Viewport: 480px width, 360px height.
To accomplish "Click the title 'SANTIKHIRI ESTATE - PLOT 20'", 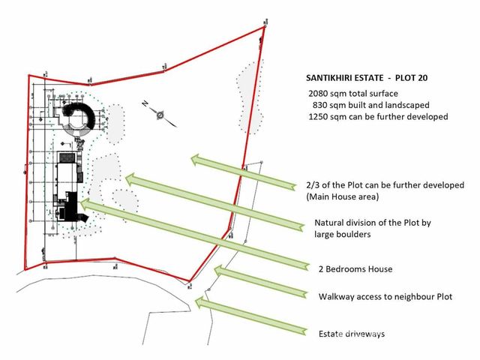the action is click(x=367, y=78).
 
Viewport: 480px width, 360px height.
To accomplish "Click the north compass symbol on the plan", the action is click(x=160, y=115).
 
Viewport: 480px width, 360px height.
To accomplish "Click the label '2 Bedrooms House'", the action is click(x=355, y=269).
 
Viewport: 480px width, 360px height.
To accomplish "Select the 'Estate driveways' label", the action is click(x=352, y=334).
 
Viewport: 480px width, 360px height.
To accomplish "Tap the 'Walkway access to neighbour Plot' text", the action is click(x=385, y=297).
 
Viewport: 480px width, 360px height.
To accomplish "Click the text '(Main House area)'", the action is click(x=343, y=196).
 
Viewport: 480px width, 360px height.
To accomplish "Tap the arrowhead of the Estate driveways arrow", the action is click(x=201, y=302).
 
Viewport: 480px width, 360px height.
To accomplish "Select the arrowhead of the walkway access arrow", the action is click(x=220, y=271).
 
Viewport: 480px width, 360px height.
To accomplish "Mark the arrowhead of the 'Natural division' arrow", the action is click(x=132, y=179).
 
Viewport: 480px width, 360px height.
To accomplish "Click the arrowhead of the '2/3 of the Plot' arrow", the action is click(x=197, y=160).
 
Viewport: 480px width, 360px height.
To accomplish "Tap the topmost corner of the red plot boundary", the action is click(x=265, y=27).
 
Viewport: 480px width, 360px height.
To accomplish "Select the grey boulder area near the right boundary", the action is click(x=250, y=98).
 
